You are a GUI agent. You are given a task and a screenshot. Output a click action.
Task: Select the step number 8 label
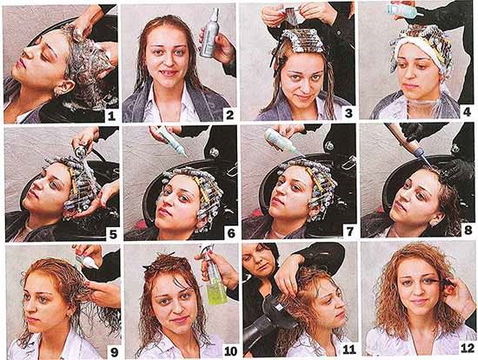469,233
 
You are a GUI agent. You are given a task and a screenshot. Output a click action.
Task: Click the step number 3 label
349,113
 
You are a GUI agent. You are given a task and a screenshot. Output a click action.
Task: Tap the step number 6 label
230,233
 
